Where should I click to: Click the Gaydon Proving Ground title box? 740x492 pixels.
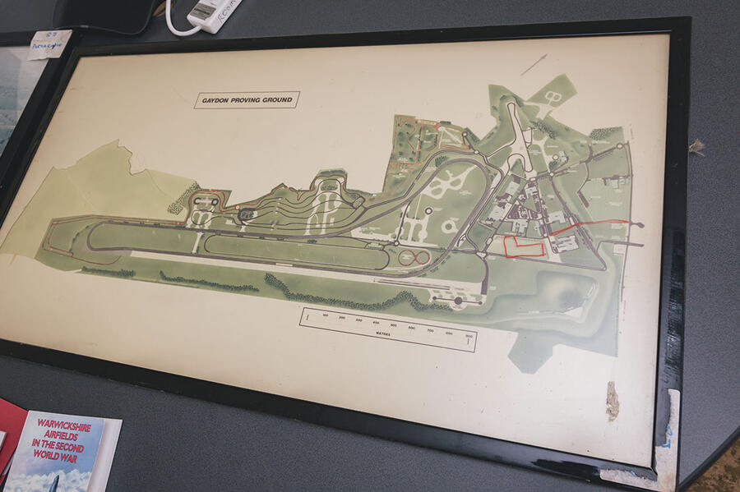(247, 100)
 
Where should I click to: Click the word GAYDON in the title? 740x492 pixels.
(215, 102)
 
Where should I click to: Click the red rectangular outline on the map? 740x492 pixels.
(523, 247)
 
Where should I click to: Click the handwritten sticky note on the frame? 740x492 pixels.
(49, 44)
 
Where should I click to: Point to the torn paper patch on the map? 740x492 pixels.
(612, 401)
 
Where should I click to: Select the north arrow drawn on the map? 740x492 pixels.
(533, 64)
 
